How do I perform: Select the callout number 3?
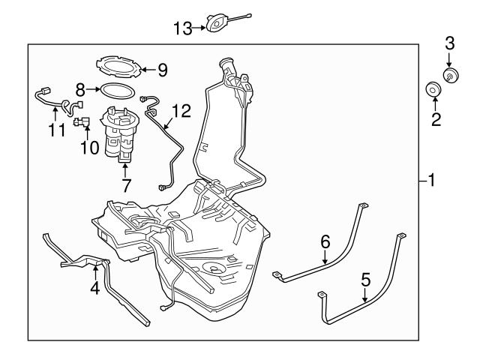coord(449,43)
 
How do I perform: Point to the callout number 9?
coord(162,70)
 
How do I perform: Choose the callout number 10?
coord(90,148)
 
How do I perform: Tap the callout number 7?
coord(125,185)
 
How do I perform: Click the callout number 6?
coord(325,241)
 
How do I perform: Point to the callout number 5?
coord(365,280)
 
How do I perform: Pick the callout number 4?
coord(95,286)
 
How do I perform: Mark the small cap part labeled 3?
coord(451,73)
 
